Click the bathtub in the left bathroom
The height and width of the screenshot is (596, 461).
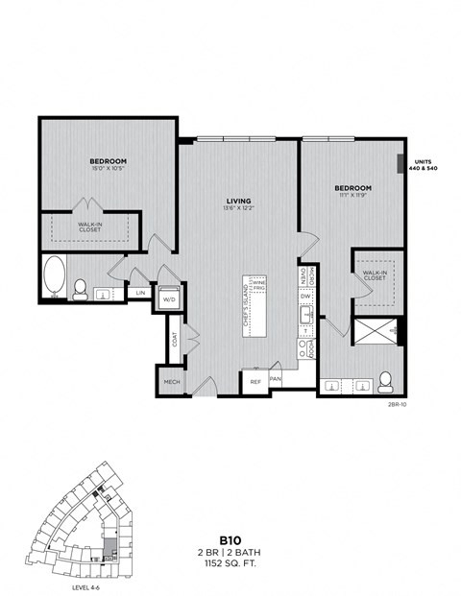54,277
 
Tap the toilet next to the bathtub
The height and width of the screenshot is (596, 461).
81,286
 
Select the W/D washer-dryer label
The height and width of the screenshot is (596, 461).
169,298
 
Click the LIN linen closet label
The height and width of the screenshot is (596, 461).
140,292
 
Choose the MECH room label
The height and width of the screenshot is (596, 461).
171,382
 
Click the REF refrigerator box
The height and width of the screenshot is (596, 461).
255,381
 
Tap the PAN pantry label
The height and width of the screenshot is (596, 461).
275,380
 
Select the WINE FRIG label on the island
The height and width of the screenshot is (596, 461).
257,286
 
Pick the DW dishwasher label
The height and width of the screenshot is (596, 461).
304,298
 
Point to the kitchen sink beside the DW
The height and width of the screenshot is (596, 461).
305,318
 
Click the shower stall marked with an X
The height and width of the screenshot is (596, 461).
374,332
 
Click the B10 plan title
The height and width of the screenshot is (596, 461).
230,539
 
